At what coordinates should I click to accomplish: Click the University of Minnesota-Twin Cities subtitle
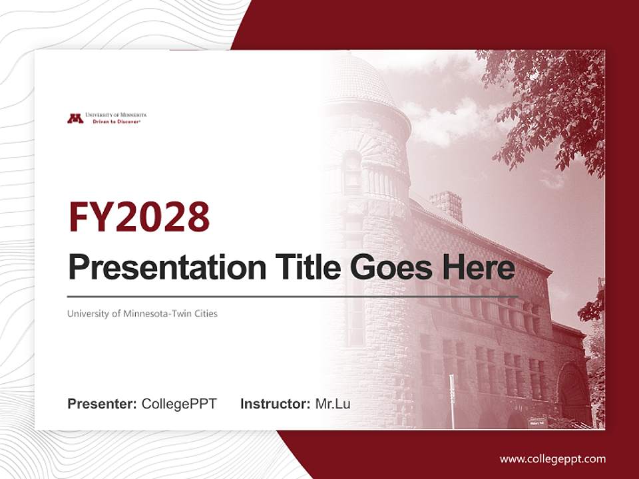coord(142,313)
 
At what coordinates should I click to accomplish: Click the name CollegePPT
coord(179,404)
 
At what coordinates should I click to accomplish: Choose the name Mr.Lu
coord(333,404)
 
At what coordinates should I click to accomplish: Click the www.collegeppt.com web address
coord(552,458)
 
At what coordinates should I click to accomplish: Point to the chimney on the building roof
coord(445,205)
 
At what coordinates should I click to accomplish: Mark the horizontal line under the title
coord(293,296)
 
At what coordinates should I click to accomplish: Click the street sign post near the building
coord(451,399)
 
